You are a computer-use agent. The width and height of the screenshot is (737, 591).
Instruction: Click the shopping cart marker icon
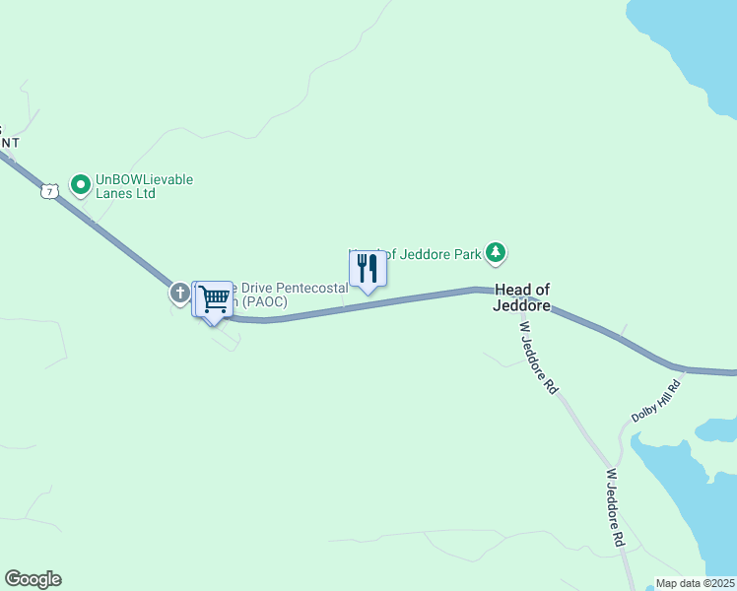pyautogui.click(x=213, y=298)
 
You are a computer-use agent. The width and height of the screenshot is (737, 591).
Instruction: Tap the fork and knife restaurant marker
pyautogui.click(x=368, y=268)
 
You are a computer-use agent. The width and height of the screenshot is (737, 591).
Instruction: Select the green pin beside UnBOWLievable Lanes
pyautogui.click(x=80, y=184)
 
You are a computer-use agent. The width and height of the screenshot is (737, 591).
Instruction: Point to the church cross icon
pyautogui.click(x=179, y=293)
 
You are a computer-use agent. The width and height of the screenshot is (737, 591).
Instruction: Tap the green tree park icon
pyautogui.click(x=497, y=254)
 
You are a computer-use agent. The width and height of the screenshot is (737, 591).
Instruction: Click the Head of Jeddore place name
pyautogui.click(x=522, y=296)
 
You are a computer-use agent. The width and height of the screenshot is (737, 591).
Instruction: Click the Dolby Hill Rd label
pyautogui.click(x=656, y=400)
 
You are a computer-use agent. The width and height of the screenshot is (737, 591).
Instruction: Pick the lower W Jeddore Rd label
pyautogui.click(x=614, y=508)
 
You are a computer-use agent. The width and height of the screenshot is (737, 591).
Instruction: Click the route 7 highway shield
pyautogui.click(x=49, y=191)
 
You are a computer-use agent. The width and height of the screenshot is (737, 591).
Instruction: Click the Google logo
pyautogui.click(x=33, y=579)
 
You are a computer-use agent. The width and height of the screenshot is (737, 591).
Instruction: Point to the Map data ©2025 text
pyautogui.click(x=695, y=583)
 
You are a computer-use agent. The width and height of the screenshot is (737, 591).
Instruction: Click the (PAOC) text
pyautogui.click(x=264, y=301)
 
